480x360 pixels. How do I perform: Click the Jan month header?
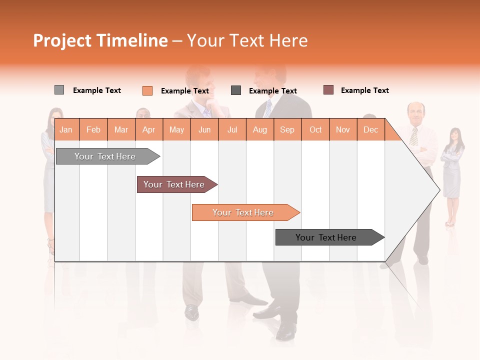[66, 129]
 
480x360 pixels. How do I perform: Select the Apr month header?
[148, 129]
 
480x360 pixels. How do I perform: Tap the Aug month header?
[259, 129]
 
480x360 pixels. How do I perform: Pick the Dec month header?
[370, 129]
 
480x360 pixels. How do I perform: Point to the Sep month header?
[287, 129]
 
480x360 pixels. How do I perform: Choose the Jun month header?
[204, 129]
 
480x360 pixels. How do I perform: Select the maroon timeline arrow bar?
[175, 184]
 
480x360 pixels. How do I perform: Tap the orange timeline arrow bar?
[244, 212]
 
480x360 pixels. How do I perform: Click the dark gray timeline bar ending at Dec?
[328, 237]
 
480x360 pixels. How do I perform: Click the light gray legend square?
[59, 90]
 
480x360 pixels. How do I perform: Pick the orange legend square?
[147, 90]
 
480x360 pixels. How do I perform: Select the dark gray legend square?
[236, 90]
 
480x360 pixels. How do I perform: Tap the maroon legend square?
[328, 90]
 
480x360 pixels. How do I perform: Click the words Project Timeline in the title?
[100, 40]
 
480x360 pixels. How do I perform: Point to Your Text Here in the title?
[247, 40]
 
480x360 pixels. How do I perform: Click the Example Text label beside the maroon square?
[364, 90]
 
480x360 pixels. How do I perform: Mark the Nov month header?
[342, 129]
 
